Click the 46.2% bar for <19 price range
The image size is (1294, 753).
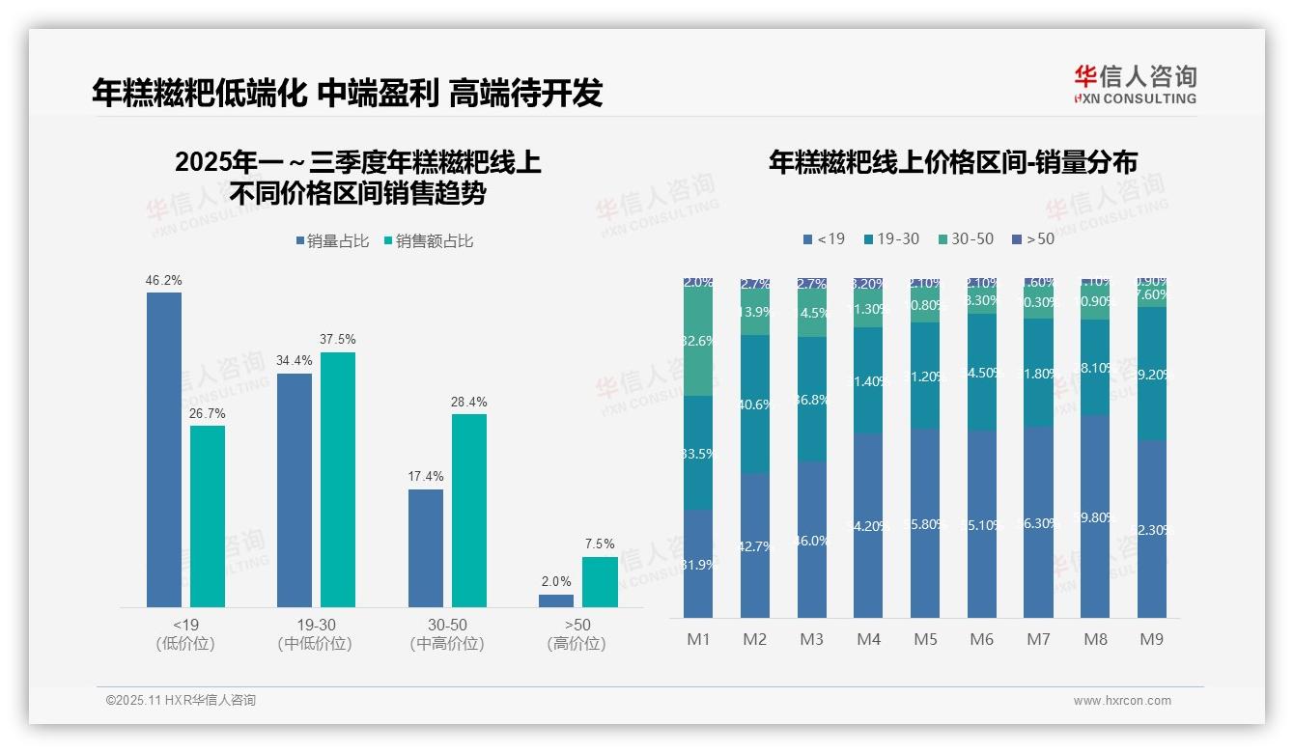164,450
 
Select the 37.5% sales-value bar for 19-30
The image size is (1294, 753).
338,480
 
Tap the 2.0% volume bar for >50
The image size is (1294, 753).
556,600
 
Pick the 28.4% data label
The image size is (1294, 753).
469,402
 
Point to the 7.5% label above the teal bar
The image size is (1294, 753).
600,544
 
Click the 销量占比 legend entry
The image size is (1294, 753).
332,241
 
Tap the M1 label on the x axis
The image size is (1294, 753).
698,639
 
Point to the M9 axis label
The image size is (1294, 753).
1151,639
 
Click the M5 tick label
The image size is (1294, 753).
925,639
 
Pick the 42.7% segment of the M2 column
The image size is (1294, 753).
755,545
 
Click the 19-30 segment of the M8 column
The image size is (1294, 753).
1095,368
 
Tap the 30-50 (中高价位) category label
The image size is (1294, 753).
447,634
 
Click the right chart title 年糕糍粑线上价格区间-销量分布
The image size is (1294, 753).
952,162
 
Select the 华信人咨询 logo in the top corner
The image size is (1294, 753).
1135,84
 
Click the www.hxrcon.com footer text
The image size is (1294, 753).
1122,701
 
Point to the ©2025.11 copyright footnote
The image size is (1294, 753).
181,701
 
